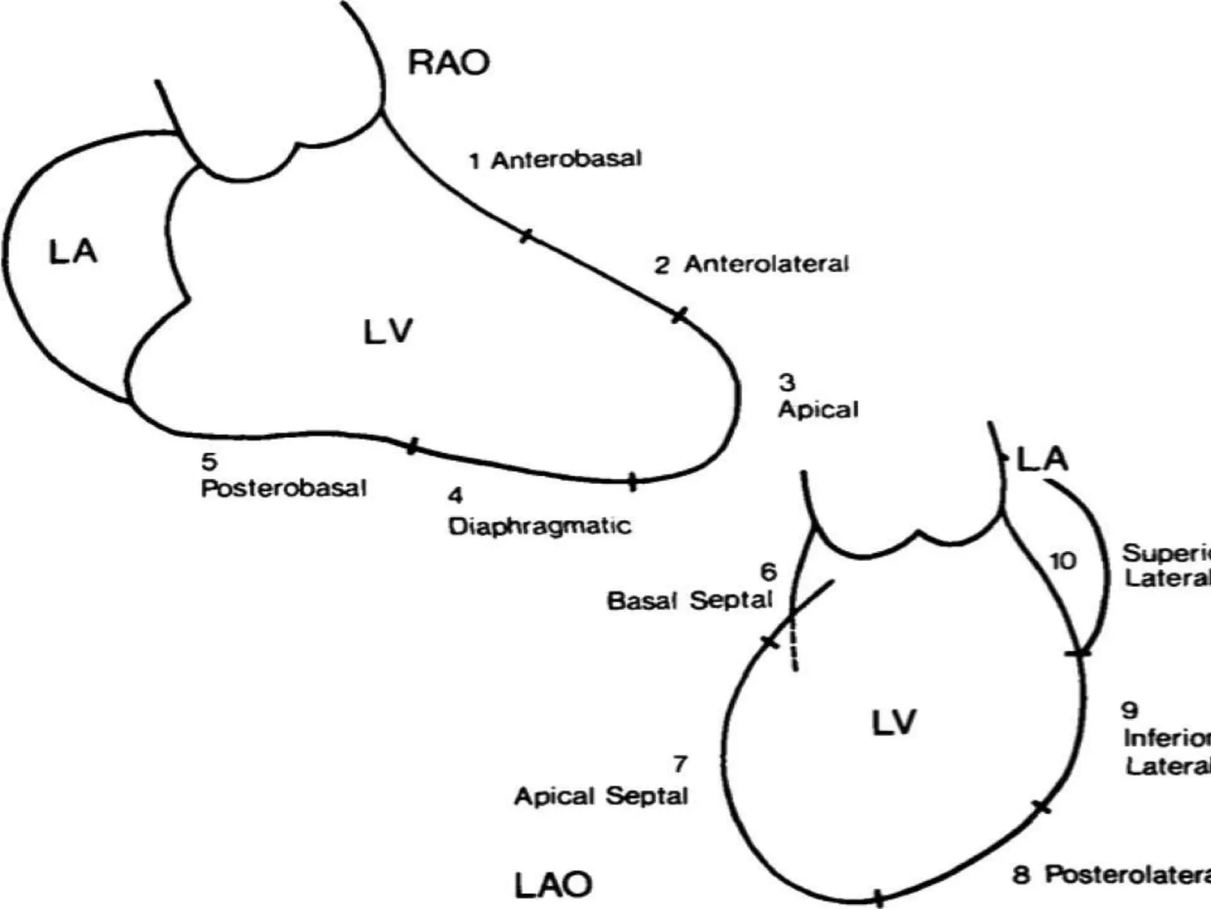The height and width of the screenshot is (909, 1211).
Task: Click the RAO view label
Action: tap(449, 62)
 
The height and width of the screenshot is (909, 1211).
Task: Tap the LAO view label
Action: tap(553, 885)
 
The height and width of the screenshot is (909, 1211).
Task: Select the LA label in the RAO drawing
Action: tap(72, 252)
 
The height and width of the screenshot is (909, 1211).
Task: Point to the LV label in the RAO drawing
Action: tap(387, 331)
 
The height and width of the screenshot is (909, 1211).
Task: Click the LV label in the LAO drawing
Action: tap(893, 723)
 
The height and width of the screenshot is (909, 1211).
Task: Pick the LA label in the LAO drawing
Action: tap(1042, 459)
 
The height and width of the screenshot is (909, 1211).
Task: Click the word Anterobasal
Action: tap(566, 159)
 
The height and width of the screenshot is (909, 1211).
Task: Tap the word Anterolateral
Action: tap(766, 264)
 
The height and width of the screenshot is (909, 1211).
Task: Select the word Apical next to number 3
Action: tap(818, 410)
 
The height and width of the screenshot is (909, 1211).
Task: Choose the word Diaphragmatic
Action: tap(539, 526)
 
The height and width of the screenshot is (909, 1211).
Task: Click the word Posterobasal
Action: tap(284, 488)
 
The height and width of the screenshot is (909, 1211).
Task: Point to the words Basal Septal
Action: tap(689, 601)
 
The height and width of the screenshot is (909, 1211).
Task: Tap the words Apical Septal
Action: tap(601, 796)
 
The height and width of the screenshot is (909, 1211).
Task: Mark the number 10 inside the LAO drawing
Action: tap(1063, 561)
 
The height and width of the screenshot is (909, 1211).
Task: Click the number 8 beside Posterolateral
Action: tap(1021, 875)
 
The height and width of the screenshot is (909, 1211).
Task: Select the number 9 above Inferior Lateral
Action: tap(1129, 710)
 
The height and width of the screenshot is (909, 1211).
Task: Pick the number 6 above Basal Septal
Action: tap(768, 572)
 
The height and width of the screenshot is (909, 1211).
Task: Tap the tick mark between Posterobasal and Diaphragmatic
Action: tap(413, 446)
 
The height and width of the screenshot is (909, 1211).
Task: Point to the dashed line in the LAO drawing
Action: tap(793, 645)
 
